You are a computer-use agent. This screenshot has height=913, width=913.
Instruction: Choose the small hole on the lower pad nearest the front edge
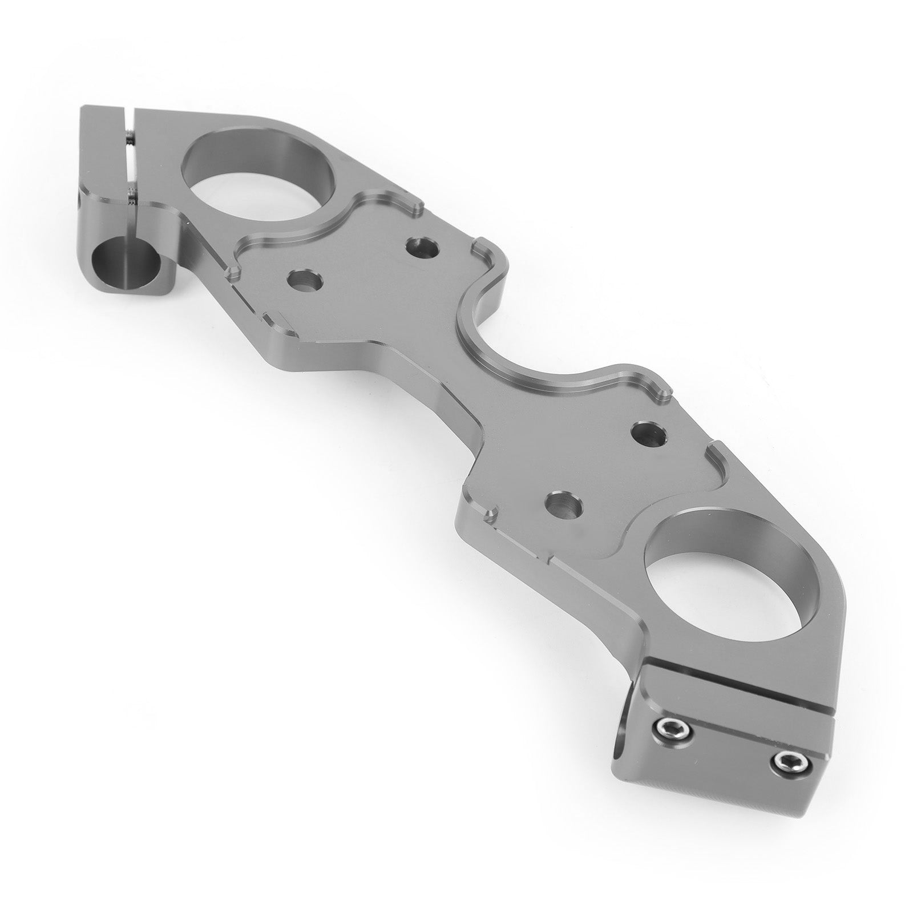pos(564,503)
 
